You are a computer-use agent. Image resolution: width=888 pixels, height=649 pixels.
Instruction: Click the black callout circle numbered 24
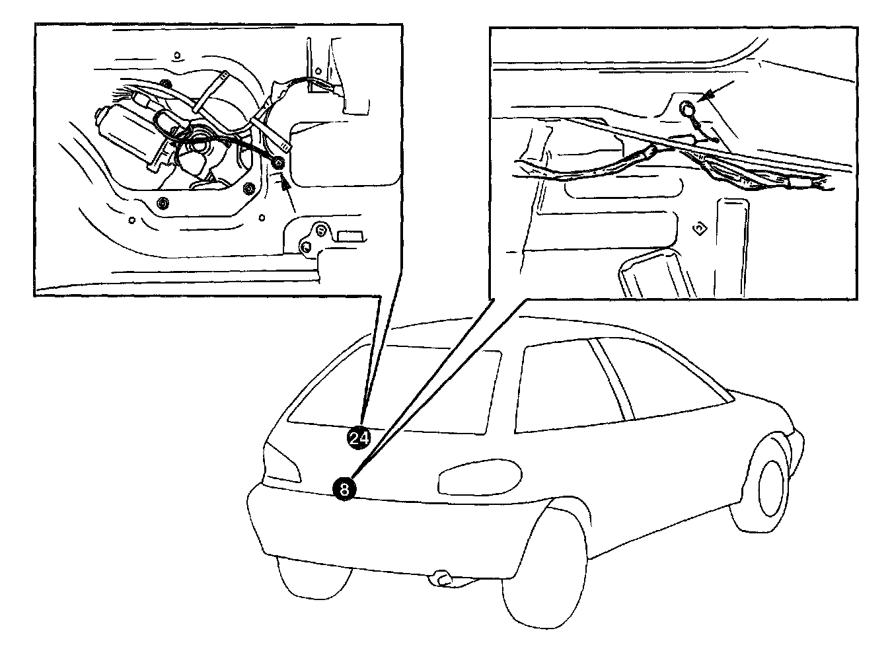359,438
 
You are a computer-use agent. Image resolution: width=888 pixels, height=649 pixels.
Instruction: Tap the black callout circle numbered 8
344,488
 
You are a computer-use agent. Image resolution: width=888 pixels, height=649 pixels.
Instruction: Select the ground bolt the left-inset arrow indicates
279,163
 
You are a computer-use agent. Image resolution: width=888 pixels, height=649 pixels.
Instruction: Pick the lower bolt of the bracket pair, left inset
305,247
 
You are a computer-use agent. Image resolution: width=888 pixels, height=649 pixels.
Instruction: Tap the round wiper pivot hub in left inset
199,141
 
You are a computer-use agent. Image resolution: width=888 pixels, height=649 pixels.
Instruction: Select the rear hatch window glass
396,390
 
